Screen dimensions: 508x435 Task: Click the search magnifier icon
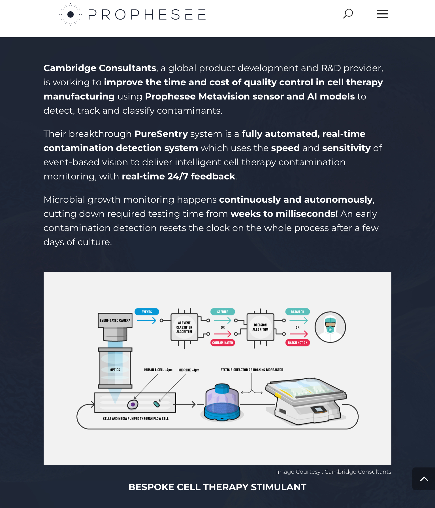[348, 14]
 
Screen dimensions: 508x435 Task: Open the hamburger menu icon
[382, 14]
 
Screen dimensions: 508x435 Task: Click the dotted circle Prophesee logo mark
[71, 14]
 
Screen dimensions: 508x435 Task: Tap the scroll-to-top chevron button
[424, 479]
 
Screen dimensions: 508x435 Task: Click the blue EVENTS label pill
[147, 312]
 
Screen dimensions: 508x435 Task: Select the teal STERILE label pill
[223, 312]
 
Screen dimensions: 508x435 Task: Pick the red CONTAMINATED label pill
[223, 343]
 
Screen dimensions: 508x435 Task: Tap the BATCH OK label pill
[297, 312]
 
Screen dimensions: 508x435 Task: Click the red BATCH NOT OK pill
[297, 343]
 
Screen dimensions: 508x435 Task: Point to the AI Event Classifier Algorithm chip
[184, 327]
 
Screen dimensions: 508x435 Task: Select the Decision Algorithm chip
[260, 327]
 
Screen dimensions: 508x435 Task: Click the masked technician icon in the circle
[330, 327]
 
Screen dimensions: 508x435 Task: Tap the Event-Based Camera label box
[115, 320]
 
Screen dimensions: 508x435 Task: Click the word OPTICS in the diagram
[115, 370]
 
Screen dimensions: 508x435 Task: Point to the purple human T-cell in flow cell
[133, 405]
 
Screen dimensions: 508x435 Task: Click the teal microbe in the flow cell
[156, 404]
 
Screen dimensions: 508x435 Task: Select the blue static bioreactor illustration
[222, 402]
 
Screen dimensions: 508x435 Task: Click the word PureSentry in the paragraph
[161, 134]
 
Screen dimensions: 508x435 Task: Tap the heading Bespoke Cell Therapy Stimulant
[217, 487]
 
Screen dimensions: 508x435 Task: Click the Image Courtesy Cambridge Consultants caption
[334, 472]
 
